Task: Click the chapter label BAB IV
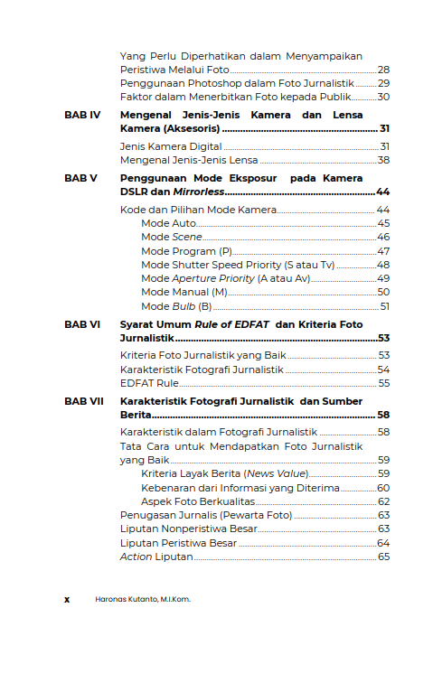[x=82, y=116]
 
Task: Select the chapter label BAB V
[x=80, y=179]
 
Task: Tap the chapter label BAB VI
[x=82, y=323]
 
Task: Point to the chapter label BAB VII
[x=84, y=401]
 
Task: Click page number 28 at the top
[x=383, y=70]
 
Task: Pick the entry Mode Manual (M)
[x=184, y=292]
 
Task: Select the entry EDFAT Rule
[x=147, y=383]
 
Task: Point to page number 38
[x=383, y=160]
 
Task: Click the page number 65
[x=383, y=557]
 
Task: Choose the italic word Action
[x=136, y=557]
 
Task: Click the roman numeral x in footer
[x=67, y=599]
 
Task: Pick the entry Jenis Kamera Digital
[x=170, y=146]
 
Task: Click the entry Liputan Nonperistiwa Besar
[x=188, y=529]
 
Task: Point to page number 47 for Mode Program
[x=383, y=251]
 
